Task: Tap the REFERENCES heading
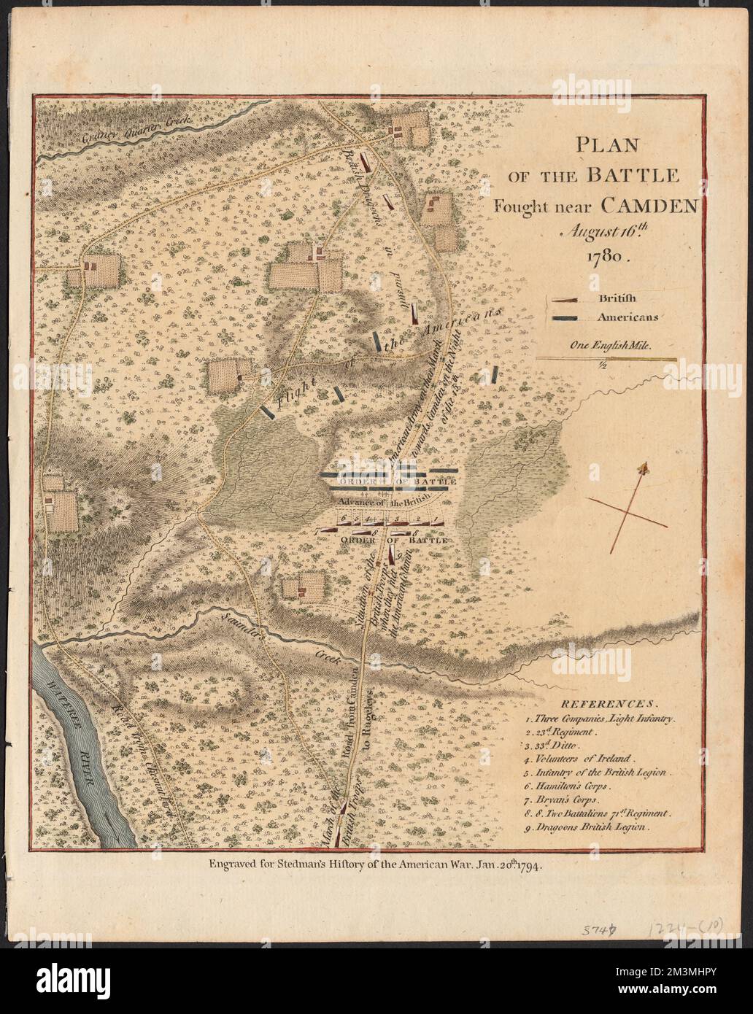pos(604,705)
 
